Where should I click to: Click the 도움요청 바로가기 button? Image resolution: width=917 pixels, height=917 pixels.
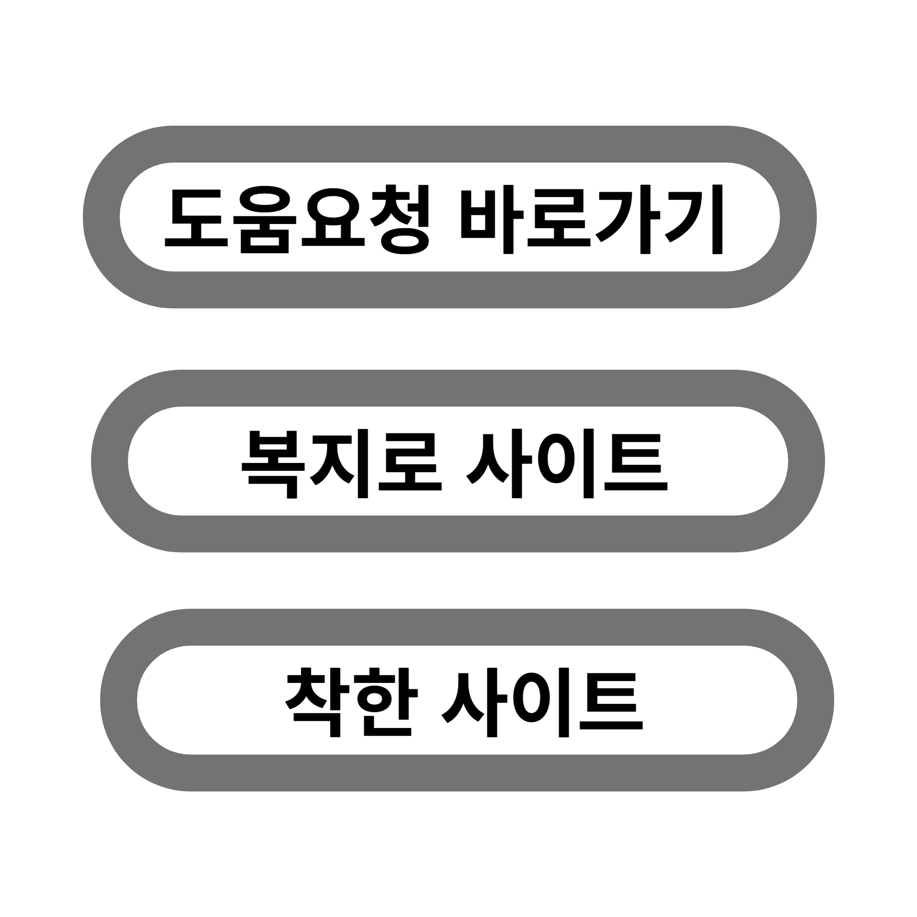(449, 217)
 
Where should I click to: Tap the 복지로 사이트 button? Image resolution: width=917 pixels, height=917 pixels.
(458, 461)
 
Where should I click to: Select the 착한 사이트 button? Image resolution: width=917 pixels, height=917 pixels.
(467, 700)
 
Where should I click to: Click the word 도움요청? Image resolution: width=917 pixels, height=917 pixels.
(297, 219)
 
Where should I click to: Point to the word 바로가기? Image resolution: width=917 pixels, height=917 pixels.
(592, 219)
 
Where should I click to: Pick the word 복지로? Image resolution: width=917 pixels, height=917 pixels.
(342, 463)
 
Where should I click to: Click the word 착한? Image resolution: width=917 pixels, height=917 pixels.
(351, 702)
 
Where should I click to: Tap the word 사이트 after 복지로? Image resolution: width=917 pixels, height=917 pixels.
(567, 463)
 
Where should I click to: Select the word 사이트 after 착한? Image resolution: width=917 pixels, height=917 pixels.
(541, 702)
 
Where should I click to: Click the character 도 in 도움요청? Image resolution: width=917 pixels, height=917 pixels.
(196, 218)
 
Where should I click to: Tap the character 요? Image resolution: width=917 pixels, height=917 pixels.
(333, 218)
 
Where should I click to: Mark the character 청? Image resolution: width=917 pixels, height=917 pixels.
(400, 219)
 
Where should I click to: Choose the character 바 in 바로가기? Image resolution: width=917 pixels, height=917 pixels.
(492, 219)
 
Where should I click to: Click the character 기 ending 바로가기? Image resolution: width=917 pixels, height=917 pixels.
(693, 219)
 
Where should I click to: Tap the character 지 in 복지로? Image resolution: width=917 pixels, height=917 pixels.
(340, 463)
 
